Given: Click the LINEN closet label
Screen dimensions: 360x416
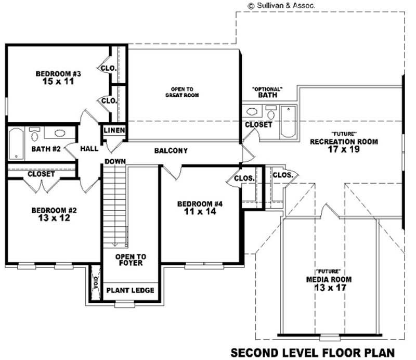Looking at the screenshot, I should point(114,130).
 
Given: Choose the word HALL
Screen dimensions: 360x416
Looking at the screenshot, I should point(89,149).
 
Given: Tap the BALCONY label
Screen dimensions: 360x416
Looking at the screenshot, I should point(171,151).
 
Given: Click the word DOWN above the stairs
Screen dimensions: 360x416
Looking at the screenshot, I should point(115,161).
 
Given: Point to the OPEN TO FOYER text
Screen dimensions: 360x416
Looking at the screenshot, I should point(131,260).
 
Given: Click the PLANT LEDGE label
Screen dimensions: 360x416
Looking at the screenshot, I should point(130,290).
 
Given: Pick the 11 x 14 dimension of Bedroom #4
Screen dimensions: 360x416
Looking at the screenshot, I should point(199,212).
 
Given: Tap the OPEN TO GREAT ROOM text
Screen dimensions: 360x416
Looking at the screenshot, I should point(182,92).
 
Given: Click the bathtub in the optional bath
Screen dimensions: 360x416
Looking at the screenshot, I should point(288,122).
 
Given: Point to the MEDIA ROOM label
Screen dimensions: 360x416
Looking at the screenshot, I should point(329,279).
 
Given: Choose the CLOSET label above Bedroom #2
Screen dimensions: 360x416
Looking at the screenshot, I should point(41,174).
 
